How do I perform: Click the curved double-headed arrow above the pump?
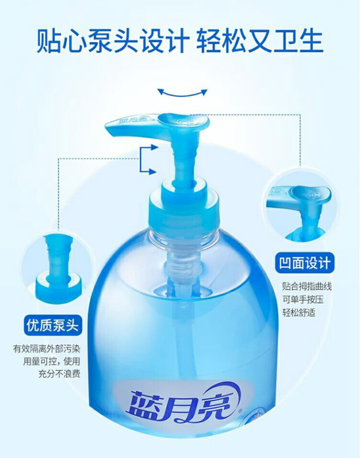(182, 94)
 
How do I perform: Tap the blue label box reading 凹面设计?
(304, 263)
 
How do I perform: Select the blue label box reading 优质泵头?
(52, 325)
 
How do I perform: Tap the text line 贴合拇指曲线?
(307, 286)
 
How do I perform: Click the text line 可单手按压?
(303, 299)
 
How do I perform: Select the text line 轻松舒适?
(299, 312)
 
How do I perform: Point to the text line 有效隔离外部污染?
(46, 349)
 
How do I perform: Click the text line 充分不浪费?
(59, 374)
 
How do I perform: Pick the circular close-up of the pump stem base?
(53, 265)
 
